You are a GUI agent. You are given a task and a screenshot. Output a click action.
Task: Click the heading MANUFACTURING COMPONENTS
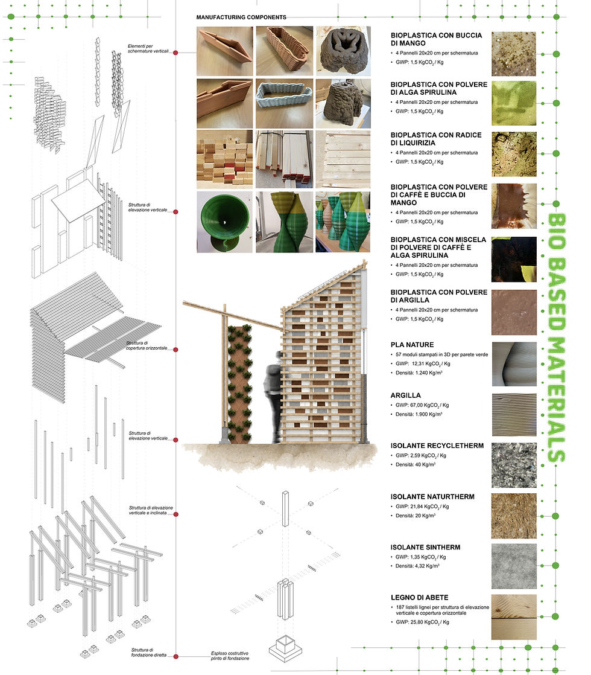tap(241, 18)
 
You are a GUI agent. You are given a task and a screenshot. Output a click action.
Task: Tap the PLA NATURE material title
tap(412, 345)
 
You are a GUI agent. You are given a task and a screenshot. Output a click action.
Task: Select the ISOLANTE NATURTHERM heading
tap(432, 497)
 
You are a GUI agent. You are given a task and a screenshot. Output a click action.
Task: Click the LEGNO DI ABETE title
tap(419, 598)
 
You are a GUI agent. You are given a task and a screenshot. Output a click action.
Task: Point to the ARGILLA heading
tap(406, 395)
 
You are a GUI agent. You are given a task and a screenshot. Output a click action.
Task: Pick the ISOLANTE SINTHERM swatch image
tap(514, 566)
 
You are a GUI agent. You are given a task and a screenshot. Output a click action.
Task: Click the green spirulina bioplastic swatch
tap(514, 103)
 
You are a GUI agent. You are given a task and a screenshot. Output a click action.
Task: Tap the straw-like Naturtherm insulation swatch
tap(514, 516)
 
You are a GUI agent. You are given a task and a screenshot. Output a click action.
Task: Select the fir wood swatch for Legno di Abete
tap(514, 617)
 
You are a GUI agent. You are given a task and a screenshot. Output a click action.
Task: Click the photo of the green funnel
tap(224, 222)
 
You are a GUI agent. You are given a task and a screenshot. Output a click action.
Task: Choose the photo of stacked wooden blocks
tap(224, 159)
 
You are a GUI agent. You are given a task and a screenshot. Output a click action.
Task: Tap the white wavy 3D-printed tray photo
tap(284, 103)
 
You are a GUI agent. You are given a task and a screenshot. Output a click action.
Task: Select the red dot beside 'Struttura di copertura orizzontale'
tap(175, 350)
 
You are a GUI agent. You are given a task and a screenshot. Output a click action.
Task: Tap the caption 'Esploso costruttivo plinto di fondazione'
tap(230, 656)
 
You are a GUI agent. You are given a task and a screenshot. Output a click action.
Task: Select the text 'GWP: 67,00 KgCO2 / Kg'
tap(422, 405)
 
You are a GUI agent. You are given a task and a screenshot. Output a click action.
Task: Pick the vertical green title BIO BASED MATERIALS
tap(557, 338)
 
